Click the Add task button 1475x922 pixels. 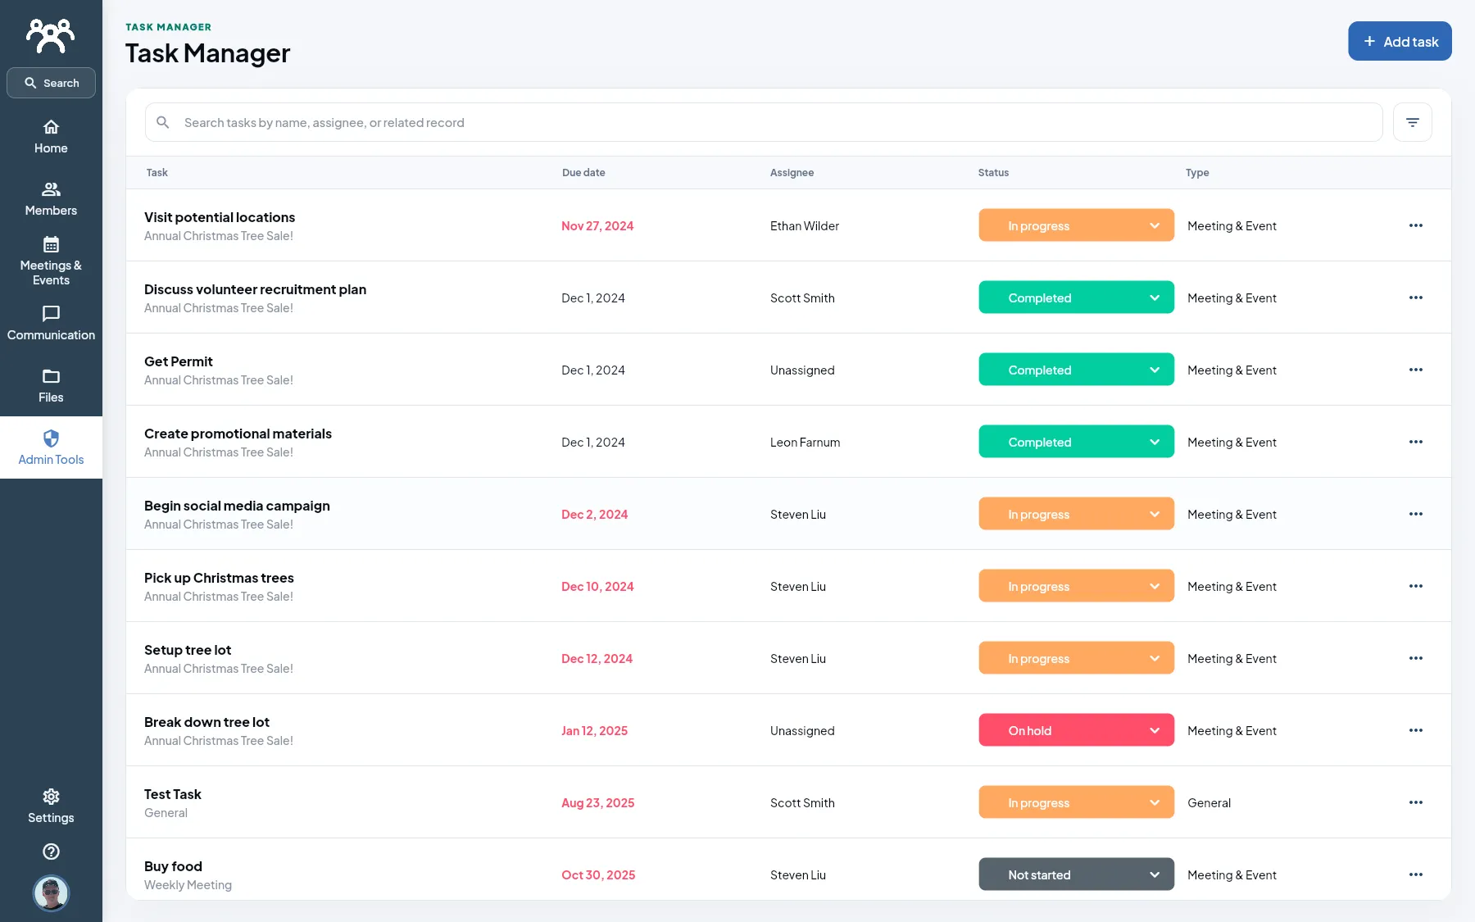coord(1400,41)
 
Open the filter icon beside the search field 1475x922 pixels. coord(1412,122)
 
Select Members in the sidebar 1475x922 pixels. coord(51,199)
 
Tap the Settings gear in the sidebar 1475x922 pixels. coord(51,806)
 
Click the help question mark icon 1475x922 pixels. coord(51,852)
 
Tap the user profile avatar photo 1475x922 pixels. coord(51,893)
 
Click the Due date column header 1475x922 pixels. coord(583,173)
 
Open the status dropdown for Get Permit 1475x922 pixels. coord(1076,370)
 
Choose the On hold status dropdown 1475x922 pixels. coord(1076,730)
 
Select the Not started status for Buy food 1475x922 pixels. coord(1076,874)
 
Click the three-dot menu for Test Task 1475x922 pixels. coord(1416,802)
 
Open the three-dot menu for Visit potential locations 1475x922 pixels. coord(1416,225)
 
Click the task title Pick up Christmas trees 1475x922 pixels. coord(219,578)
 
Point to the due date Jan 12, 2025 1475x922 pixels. coord(594,731)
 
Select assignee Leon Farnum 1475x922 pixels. coord(805,443)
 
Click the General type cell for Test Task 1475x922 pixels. coord(1209,803)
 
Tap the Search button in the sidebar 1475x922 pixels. coord(51,83)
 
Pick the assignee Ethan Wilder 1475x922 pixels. coord(804,226)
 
